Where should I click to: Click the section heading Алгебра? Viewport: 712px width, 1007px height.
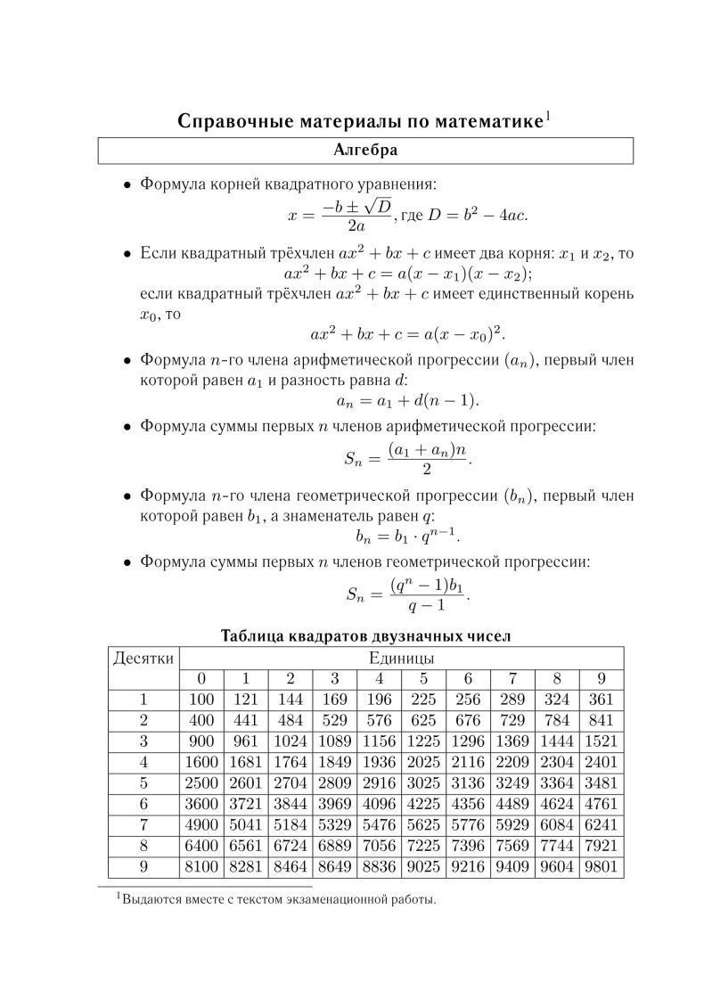[x=365, y=151]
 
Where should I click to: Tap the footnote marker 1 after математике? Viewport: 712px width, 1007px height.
[x=549, y=115]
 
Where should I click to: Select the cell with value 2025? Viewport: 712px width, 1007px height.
[x=423, y=763]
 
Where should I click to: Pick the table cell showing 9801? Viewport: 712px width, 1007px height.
[x=602, y=866]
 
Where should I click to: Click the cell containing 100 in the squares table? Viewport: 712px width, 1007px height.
[x=201, y=700]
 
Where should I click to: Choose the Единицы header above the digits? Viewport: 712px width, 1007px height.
[x=401, y=659]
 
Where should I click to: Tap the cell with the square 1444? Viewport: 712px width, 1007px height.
[x=557, y=741]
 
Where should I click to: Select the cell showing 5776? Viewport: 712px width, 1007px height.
[x=468, y=825]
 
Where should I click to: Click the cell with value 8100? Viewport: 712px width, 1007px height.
[x=201, y=866]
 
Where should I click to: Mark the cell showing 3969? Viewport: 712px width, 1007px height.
[x=334, y=804]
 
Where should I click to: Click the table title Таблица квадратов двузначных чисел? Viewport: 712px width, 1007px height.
[x=364, y=636]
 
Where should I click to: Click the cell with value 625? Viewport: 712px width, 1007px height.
[x=423, y=721]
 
